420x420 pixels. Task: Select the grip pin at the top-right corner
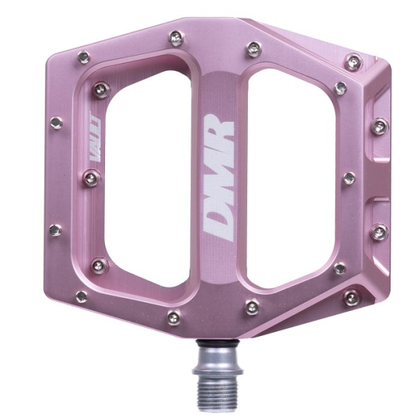tap(353, 62)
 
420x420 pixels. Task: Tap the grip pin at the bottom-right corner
tap(351, 297)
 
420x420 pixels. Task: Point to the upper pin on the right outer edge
tap(379, 127)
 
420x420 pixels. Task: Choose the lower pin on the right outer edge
tap(378, 232)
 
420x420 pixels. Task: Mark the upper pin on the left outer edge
tap(56, 123)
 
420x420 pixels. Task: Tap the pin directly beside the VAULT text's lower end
tap(92, 178)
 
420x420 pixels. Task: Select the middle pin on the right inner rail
tap(349, 178)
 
